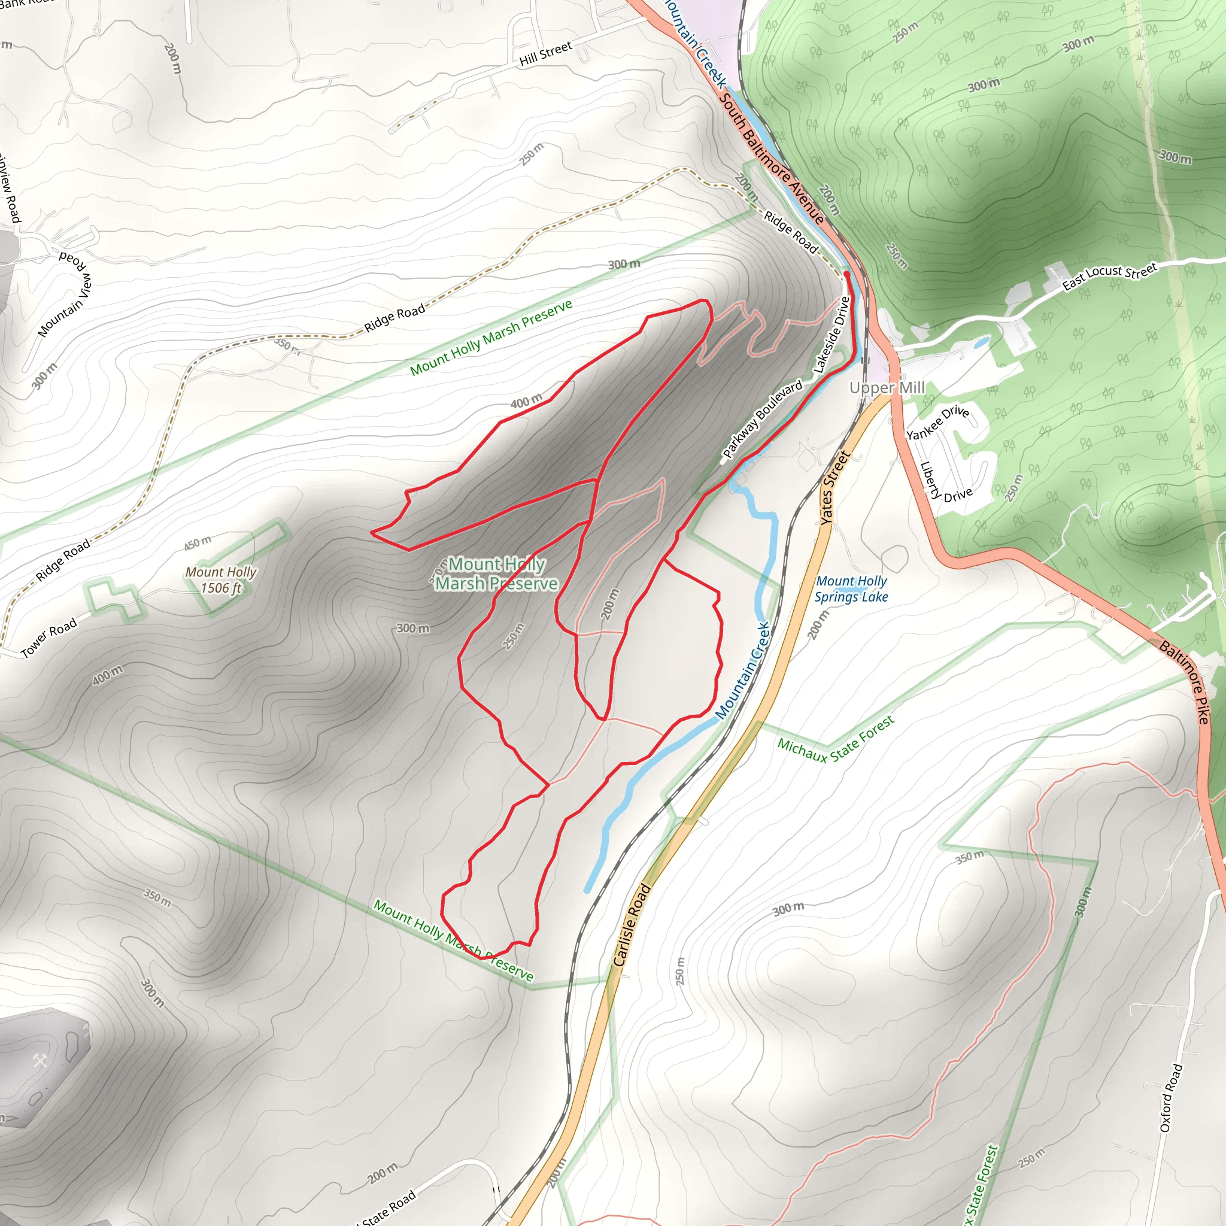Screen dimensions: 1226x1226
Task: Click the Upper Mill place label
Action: [x=887, y=388]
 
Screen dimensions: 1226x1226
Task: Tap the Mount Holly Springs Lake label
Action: [x=851, y=589]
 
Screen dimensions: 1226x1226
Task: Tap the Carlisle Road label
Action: [x=632, y=925]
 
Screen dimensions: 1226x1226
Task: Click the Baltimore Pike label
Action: [x=1184, y=682]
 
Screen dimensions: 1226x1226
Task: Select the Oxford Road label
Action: [x=1171, y=1098]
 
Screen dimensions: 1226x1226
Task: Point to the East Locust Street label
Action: [x=1109, y=276]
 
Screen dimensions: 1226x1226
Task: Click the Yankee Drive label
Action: [x=937, y=423]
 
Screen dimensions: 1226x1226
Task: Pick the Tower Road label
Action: [x=49, y=637]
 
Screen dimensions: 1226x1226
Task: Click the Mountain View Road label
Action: [x=65, y=295]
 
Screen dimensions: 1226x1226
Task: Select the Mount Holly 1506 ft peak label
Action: [x=221, y=580]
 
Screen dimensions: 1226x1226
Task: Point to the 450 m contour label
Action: [x=198, y=542]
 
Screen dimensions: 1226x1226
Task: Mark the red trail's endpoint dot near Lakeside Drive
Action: [x=846, y=274]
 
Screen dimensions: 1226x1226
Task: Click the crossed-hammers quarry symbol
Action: [x=40, y=1060]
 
